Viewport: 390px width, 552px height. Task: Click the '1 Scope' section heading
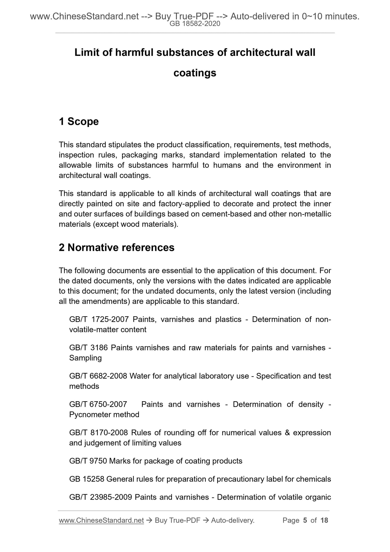point(79,122)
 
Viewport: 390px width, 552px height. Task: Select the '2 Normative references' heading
point(117,248)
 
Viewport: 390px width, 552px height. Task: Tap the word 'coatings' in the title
point(195,73)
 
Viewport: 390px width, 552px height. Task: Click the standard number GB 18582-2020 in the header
point(195,24)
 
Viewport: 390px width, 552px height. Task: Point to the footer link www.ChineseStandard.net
point(101,520)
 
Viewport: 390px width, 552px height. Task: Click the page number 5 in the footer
point(305,520)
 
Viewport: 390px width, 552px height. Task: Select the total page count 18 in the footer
point(324,520)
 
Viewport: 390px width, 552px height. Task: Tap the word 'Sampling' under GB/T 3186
point(86,358)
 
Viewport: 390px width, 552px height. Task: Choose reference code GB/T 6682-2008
point(98,376)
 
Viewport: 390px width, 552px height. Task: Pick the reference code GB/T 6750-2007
point(98,404)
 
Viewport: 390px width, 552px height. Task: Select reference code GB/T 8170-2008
point(99,433)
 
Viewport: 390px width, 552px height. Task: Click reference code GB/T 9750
point(88,461)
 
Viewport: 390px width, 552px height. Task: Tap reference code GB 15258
point(87,479)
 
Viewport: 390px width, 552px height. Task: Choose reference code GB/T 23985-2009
point(101,497)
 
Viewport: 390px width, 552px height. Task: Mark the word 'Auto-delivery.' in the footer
point(233,520)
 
